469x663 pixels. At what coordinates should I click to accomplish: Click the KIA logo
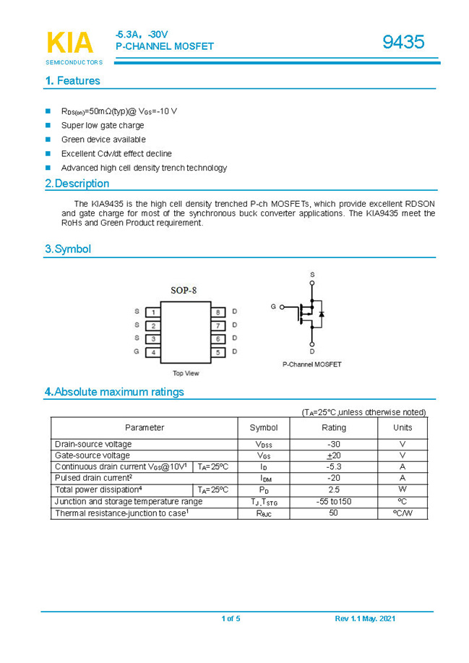(69, 43)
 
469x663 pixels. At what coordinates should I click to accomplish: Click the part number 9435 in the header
(403, 42)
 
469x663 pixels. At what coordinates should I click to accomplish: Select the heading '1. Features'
(72, 81)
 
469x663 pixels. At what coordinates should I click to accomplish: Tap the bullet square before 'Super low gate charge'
(48, 125)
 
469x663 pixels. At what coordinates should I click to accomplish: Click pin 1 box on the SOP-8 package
(152, 312)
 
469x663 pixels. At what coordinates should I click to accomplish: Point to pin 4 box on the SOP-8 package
(152, 352)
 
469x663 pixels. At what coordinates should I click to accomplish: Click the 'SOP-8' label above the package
(184, 290)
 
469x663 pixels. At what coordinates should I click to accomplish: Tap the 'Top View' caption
(186, 373)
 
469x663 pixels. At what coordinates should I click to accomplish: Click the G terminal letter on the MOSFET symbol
(273, 307)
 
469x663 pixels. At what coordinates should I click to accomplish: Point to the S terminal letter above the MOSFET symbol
(312, 275)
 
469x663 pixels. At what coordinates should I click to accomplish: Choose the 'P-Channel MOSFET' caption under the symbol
(312, 364)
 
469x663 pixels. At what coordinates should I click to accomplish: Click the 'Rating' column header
(333, 427)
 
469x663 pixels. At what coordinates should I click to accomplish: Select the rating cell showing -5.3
(333, 467)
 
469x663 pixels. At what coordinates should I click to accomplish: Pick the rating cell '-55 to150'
(333, 502)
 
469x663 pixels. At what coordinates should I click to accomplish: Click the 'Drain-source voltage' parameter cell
(93, 444)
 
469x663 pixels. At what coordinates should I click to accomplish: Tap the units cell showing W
(403, 489)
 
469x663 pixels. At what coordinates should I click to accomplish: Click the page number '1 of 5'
(231, 619)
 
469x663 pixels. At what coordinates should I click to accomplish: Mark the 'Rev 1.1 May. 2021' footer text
(365, 619)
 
